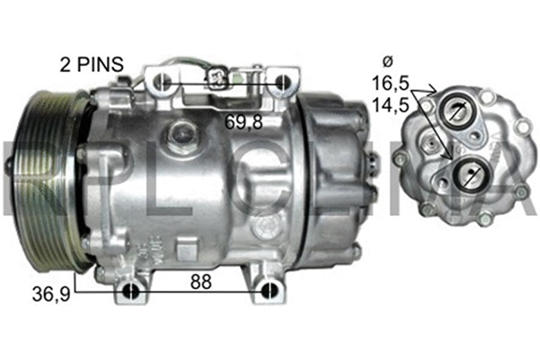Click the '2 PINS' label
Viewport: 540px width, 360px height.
(91, 66)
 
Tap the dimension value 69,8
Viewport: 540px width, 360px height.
(244, 121)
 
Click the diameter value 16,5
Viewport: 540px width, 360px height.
(389, 84)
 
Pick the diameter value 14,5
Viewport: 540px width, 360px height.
(389, 104)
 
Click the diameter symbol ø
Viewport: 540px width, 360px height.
(388, 61)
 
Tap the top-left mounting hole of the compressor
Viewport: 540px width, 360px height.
(163, 84)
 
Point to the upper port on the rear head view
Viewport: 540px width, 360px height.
(458, 112)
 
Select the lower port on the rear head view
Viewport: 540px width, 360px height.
(470, 174)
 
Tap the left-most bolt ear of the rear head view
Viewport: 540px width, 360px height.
(400, 158)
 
